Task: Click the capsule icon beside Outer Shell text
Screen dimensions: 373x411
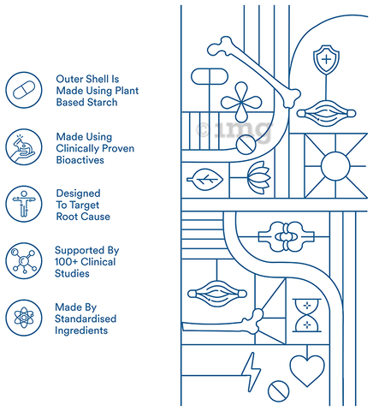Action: tap(24, 90)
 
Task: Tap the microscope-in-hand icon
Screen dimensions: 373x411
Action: tap(24, 147)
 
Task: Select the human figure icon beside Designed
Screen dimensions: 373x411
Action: tap(24, 204)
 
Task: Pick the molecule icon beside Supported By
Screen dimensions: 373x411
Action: tap(24, 261)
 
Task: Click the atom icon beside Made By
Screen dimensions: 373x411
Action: tap(24, 318)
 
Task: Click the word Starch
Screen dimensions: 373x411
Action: tap(102, 102)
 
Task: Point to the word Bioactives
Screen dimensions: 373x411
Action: tap(80, 160)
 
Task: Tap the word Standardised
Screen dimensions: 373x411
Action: tap(86, 319)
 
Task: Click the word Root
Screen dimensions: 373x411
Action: tap(65, 217)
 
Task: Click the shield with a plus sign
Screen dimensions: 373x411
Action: tap(326, 60)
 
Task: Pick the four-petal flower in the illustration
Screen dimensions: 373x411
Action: tap(241, 102)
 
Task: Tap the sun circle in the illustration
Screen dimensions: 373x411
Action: tap(335, 166)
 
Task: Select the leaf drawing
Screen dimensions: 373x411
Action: tap(204, 180)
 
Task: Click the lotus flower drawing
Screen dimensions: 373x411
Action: tap(258, 177)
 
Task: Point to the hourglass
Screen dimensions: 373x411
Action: tap(307, 315)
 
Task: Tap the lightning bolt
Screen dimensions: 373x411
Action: tap(251, 372)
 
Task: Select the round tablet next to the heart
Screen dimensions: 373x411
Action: tap(278, 390)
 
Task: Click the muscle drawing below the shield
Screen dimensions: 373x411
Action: tap(326, 113)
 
